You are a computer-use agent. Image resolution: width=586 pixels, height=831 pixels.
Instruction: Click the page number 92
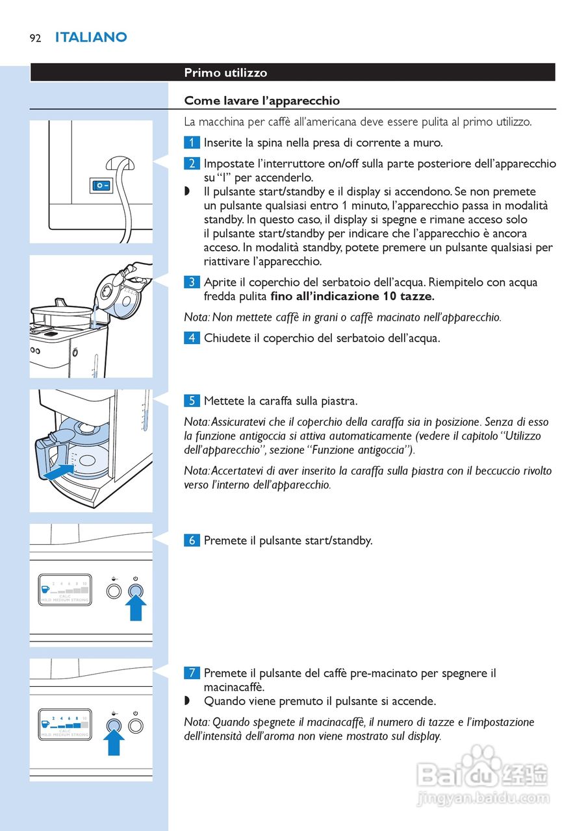click(x=35, y=38)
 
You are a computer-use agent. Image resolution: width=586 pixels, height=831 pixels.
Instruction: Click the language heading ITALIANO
click(x=91, y=38)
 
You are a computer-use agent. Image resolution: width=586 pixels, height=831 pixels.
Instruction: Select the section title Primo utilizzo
click(x=225, y=73)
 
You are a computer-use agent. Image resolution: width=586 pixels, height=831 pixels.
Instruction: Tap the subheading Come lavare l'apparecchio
click(x=262, y=101)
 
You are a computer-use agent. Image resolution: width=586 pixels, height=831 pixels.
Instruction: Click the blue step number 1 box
click(x=192, y=143)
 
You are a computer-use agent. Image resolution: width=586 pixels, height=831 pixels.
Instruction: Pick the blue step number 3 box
click(x=192, y=282)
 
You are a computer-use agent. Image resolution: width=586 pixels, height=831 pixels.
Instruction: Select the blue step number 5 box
click(x=192, y=401)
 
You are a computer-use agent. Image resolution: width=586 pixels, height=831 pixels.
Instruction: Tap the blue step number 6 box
click(x=192, y=540)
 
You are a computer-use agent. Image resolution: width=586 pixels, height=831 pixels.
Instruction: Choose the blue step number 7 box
click(x=192, y=673)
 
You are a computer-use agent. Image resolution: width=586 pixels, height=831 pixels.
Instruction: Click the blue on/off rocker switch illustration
click(x=101, y=186)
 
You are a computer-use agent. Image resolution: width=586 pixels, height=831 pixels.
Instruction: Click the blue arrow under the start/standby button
click(x=136, y=609)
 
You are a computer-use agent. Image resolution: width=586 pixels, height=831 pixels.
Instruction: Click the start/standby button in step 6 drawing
click(x=136, y=591)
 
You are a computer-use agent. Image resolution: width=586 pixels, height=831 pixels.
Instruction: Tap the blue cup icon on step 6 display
click(x=45, y=589)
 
